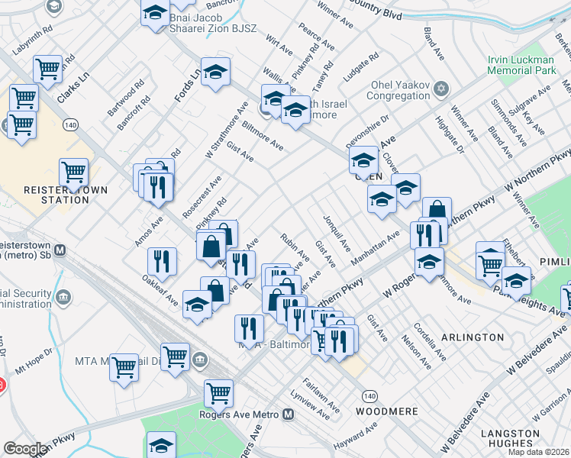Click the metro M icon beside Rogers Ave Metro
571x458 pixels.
point(288,414)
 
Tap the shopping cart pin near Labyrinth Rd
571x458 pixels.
point(48,69)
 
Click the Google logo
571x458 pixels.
point(24,449)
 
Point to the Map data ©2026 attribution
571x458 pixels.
point(538,452)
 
